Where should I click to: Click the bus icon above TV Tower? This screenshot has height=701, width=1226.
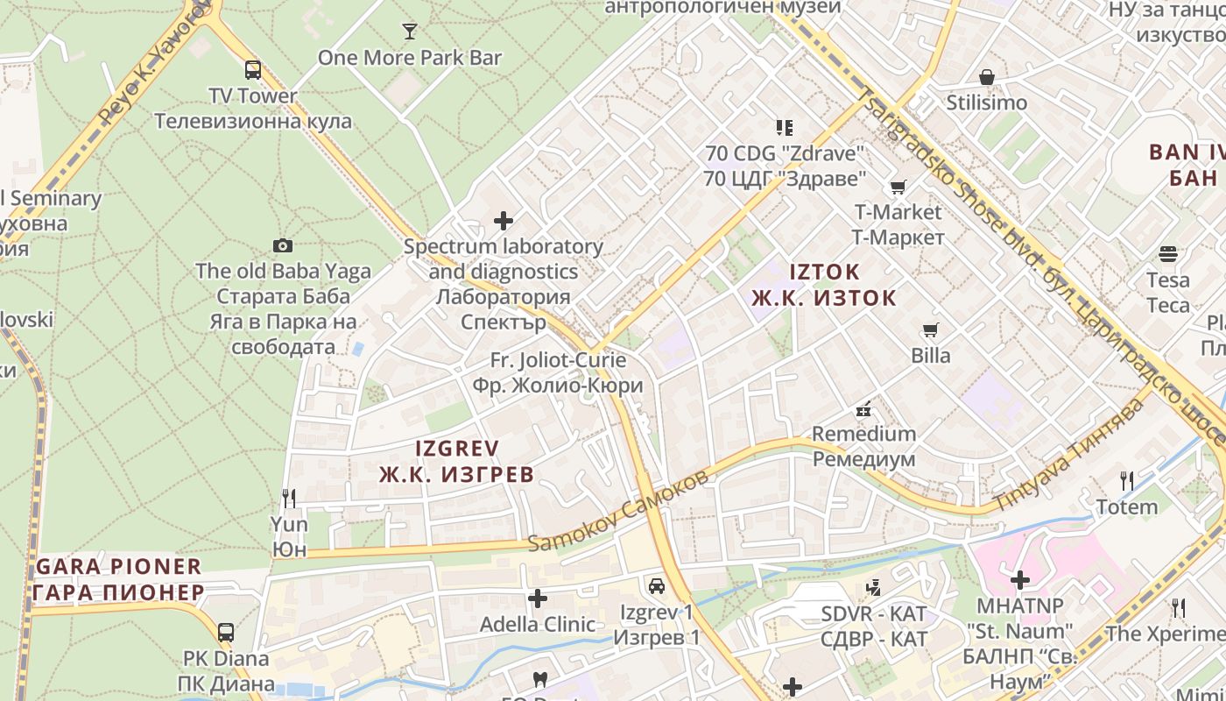click(x=252, y=70)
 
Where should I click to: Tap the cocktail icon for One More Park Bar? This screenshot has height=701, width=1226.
click(x=409, y=32)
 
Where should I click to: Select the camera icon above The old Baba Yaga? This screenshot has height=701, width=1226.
click(x=282, y=246)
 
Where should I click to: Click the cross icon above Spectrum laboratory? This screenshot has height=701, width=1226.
click(x=504, y=220)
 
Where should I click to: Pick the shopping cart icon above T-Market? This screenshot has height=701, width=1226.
click(x=898, y=188)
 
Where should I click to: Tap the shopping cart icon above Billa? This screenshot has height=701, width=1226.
click(x=930, y=330)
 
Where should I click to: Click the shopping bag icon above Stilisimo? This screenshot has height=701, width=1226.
click(x=986, y=77)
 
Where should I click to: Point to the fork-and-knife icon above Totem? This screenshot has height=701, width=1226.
click(x=1127, y=480)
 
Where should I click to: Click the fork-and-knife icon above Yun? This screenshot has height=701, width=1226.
click(x=289, y=499)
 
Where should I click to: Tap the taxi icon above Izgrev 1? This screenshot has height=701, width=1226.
click(x=656, y=586)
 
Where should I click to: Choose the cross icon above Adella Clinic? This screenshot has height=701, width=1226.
click(x=538, y=599)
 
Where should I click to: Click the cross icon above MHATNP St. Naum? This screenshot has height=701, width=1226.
click(x=1019, y=580)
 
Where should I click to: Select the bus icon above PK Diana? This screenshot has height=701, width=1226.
click(x=226, y=632)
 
